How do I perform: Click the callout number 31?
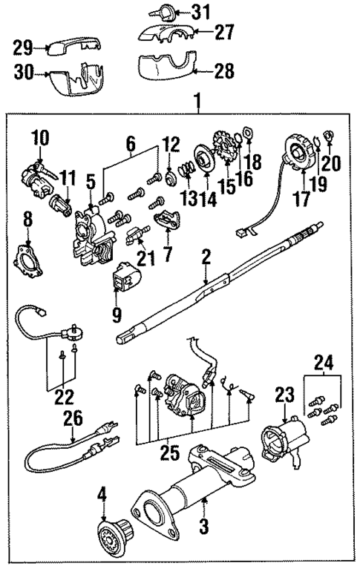tap(200, 11)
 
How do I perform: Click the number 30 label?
tap(23, 73)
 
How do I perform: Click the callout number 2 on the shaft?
tap(206, 257)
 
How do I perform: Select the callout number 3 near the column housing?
tap(206, 531)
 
